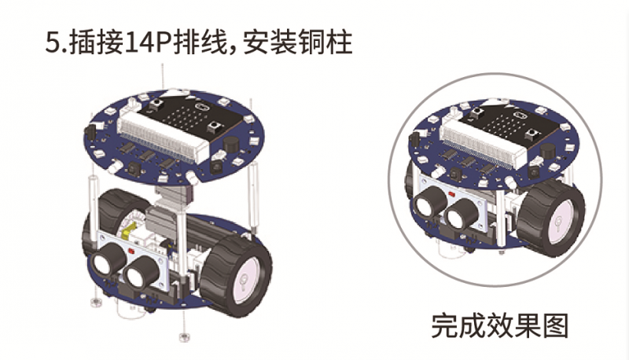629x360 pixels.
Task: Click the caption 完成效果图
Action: (x=499, y=325)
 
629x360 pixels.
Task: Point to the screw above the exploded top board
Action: (x=163, y=77)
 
